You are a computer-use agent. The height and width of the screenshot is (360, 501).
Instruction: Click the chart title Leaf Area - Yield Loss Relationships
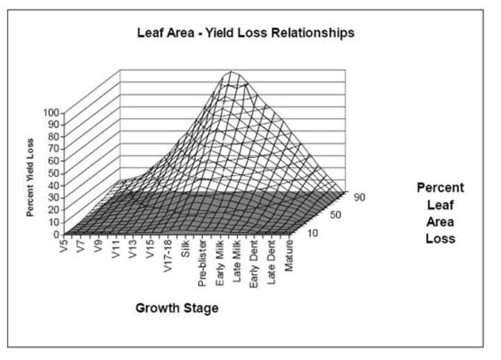[246, 33]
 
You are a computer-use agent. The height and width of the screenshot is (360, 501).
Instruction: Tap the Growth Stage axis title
[177, 308]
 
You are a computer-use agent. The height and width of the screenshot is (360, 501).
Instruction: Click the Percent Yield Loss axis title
[30, 178]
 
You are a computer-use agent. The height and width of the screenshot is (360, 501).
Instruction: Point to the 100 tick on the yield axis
[51, 113]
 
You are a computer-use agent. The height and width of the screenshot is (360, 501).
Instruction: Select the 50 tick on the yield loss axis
[54, 173]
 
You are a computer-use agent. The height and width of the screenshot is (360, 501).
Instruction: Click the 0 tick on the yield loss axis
[56, 235]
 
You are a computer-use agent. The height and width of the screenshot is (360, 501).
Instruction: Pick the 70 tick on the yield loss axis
[54, 149]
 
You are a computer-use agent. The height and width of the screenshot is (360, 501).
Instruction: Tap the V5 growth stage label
[64, 245]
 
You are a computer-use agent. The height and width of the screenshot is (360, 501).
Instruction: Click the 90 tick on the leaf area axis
[360, 197]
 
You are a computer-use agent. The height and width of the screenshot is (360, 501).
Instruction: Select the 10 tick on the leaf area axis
[313, 233]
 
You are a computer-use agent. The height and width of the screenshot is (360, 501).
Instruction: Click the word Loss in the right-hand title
[440, 239]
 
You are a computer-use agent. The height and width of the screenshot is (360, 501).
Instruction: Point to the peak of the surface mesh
[230, 71]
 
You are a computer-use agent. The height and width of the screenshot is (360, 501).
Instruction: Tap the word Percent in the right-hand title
[440, 188]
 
